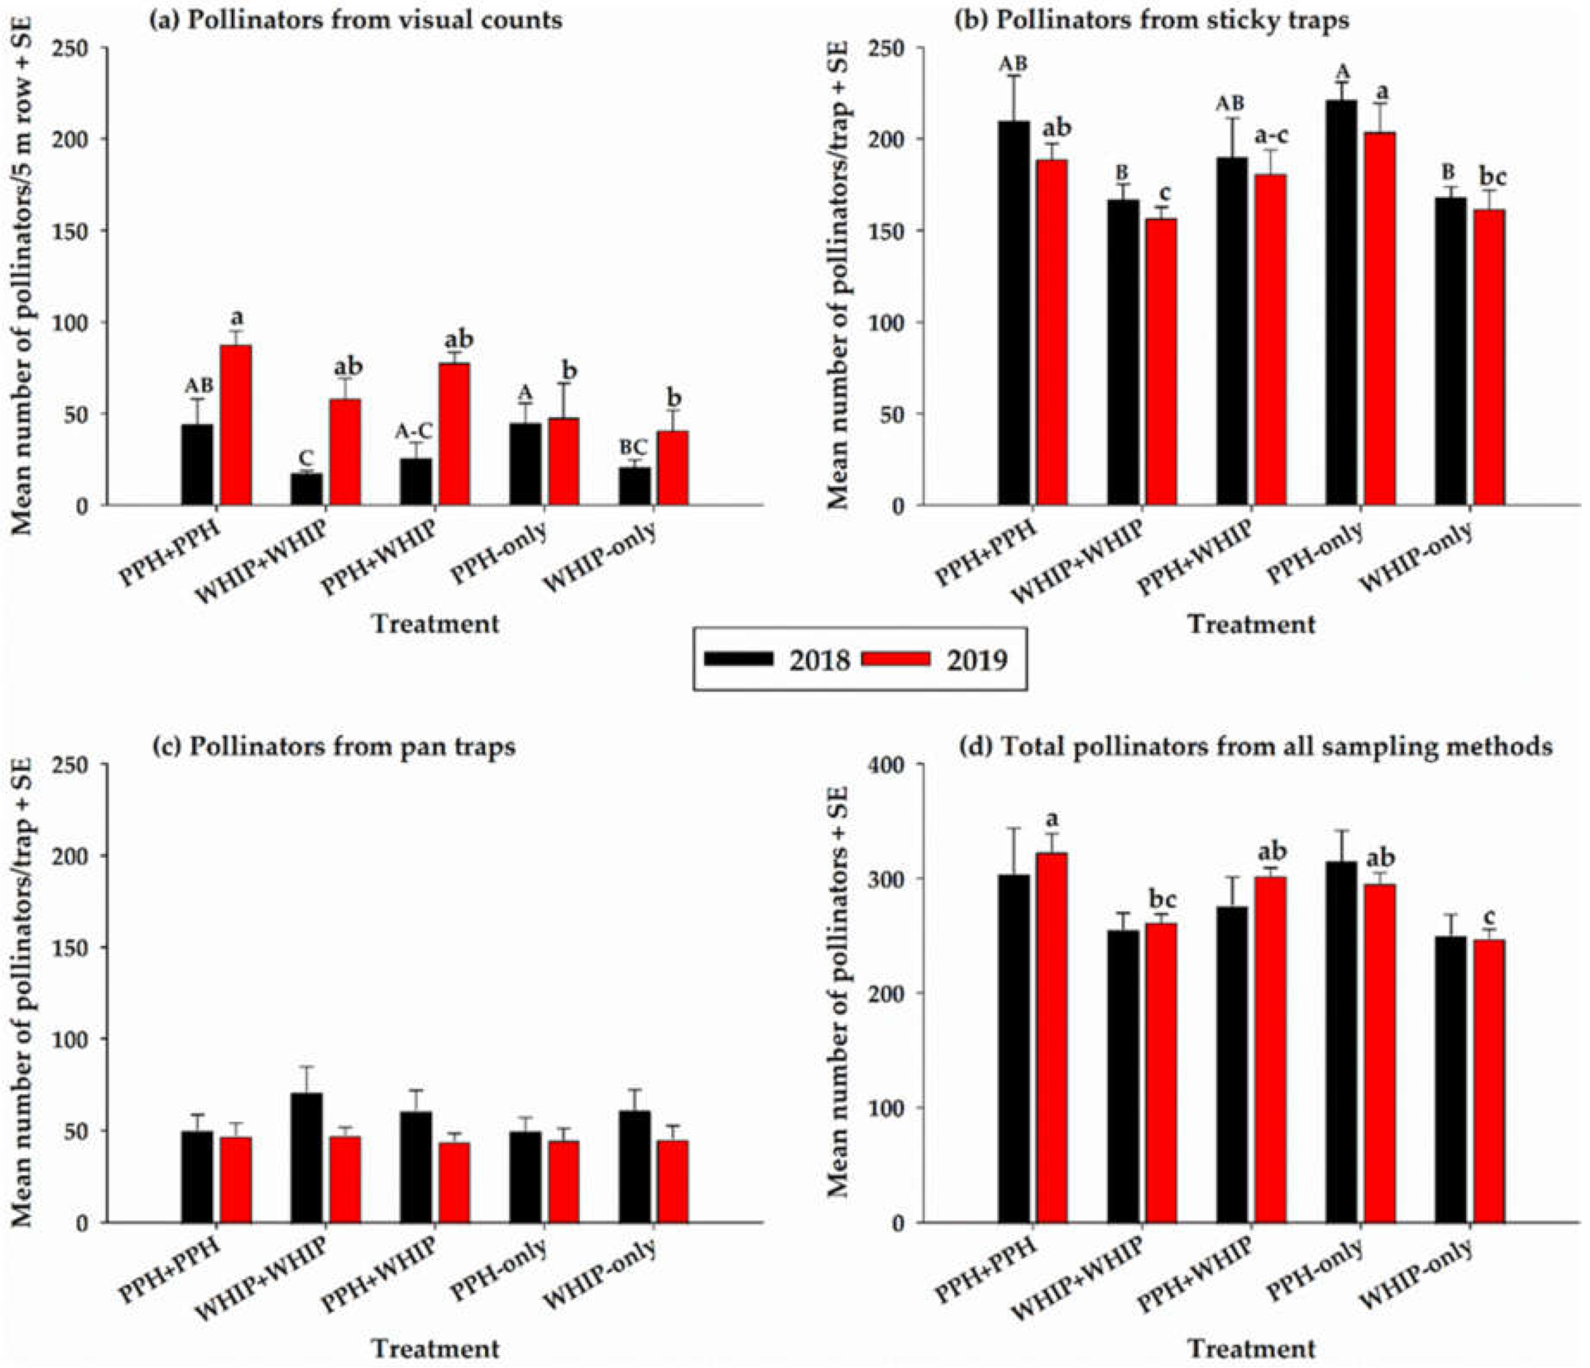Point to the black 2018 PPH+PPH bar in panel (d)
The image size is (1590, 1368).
(1015, 1048)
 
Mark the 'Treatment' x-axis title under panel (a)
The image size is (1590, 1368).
(436, 623)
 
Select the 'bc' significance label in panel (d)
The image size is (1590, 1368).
(1164, 898)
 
